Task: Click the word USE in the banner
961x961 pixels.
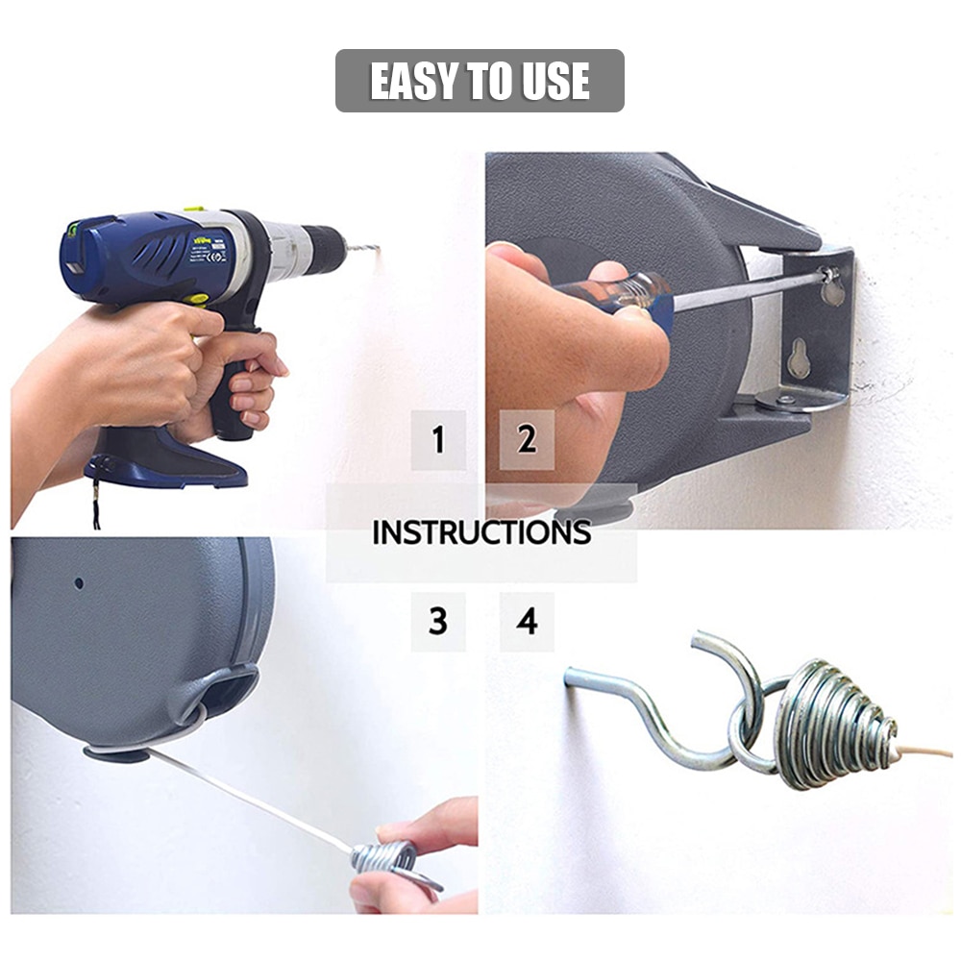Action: click(x=555, y=82)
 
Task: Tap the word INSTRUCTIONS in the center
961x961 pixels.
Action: click(x=480, y=532)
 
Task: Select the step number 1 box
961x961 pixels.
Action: click(x=438, y=440)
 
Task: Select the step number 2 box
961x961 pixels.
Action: click(x=527, y=440)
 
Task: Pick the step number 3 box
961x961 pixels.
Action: click(x=438, y=622)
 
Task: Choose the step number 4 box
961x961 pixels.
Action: click(x=527, y=622)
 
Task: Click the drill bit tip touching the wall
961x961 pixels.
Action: click(x=375, y=249)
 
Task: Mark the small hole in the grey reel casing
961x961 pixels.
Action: click(x=79, y=583)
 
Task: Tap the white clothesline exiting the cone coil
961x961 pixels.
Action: click(x=927, y=749)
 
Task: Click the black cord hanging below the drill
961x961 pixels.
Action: click(x=96, y=505)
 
